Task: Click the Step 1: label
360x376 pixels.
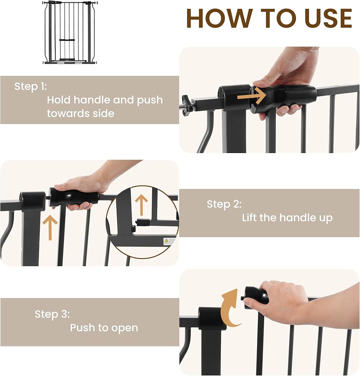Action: [31, 86]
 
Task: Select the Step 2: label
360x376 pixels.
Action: [224, 204]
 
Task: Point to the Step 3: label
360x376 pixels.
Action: [52, 314]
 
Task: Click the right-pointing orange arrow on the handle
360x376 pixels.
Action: [251, 96]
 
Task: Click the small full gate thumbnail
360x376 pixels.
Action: [70, 33]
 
